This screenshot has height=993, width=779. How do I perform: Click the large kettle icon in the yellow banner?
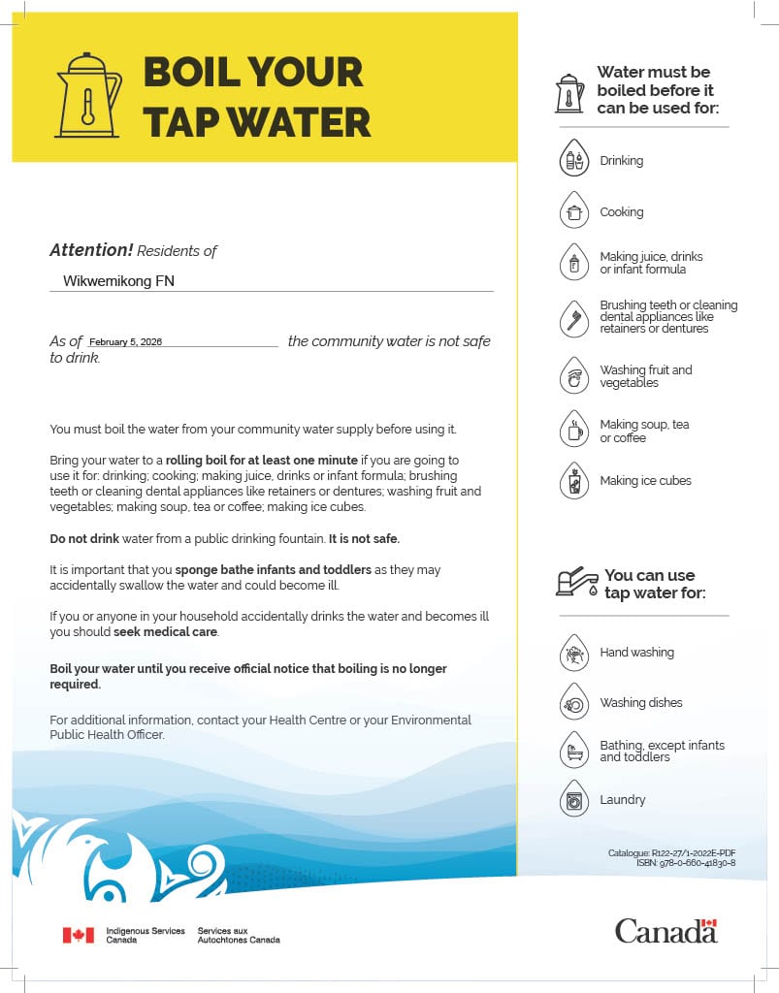[x=88, y=94]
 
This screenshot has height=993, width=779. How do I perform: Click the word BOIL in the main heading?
[x=198, y=72]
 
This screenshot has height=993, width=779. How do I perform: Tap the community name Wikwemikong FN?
[x=118, y=281]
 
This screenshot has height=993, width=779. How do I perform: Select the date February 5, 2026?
[x=125, y=342]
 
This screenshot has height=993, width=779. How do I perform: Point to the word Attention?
[x=91, y=250]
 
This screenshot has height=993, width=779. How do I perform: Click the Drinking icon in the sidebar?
[x=574, y=160]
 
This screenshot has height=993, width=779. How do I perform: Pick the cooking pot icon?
[x=574, y=211]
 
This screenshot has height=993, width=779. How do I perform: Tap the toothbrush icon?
[x=574, y=317]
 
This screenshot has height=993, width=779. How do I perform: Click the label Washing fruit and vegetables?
[x=645, y=376]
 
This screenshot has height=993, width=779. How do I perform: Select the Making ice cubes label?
[x=645, y=481]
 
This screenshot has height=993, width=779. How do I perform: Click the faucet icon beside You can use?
[x=576, y=582]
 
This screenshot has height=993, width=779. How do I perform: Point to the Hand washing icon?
[x=574, y=654]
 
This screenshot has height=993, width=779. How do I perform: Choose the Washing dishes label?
[x=640, y=703]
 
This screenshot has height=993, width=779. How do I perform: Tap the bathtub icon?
[x=574, y=752]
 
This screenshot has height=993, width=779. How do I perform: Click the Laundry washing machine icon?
[x=574, y=800]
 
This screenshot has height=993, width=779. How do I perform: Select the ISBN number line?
[x=685, y=863]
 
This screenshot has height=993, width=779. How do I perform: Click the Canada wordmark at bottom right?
[x=665, y=931]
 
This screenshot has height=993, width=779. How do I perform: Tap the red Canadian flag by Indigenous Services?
[x=79, y=935]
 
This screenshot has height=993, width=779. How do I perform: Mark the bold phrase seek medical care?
[x=166, y=632]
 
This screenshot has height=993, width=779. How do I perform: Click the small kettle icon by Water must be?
[x=569, y=94]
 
